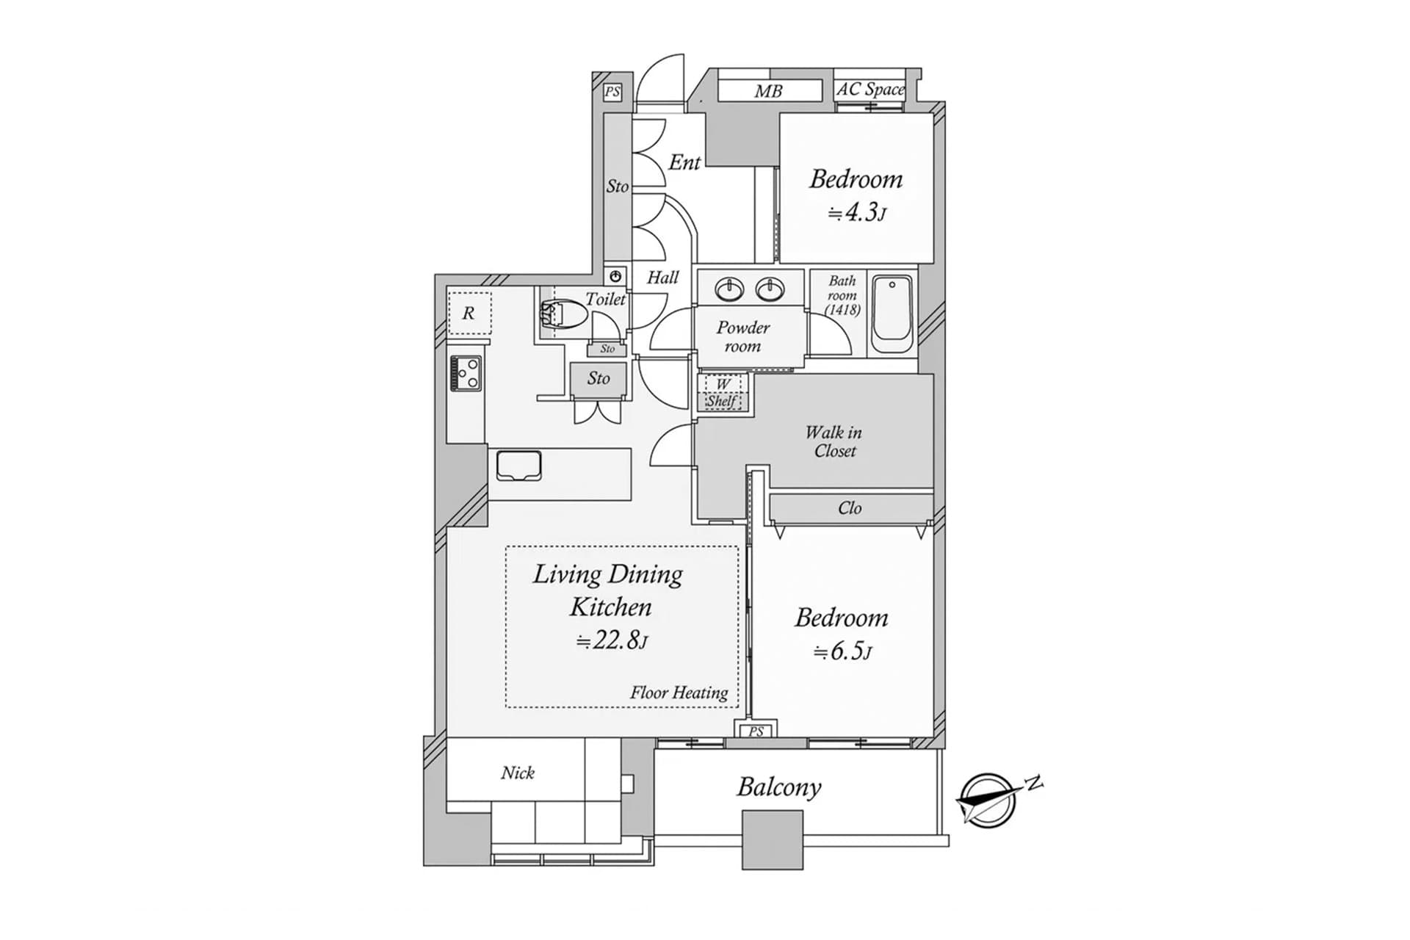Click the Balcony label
pos(779,787)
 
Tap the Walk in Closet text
pos(834,441)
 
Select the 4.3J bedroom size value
pos(857,213)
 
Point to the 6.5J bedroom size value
pos(842,651)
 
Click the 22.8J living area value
pos(611,640)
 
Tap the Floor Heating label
pos(679,693)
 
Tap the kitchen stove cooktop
pos(466,372)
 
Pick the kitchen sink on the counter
pos(518,466)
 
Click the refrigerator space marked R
pos(469,313)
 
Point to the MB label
pos(768,92)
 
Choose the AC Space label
pos(871,90)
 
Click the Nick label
pos(518,773)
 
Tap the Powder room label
pos(743,336)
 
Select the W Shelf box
pos(724,393)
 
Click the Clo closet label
pos(850,508)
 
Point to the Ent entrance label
pos(684,162)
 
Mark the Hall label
pos(662,278)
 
